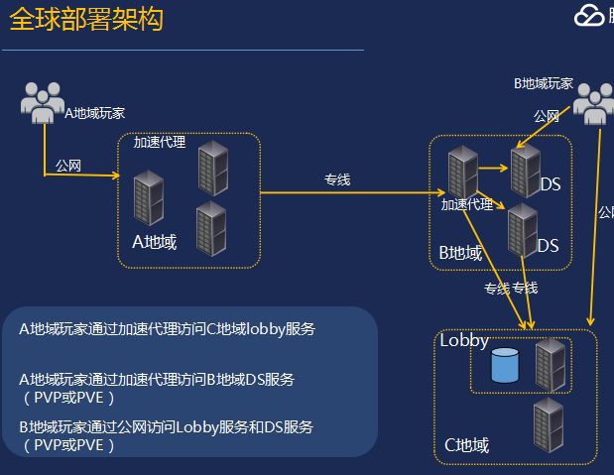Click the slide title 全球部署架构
click(86, 20)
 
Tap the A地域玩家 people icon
click(42, 102)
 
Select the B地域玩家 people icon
click(593, 103)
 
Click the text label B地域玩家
click(543, 83)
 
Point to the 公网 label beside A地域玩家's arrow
click(68, 165)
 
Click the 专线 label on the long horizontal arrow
click(337, 179)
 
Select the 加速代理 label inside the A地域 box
click(160, 142)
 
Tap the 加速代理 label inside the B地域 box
click(467, 204)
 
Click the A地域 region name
click(154, 241)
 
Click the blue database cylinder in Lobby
click(505, 366)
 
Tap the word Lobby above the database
click(464, 340)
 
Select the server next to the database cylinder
click(549, 364)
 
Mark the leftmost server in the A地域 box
click(148, 197)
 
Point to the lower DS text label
click(549, 245)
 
